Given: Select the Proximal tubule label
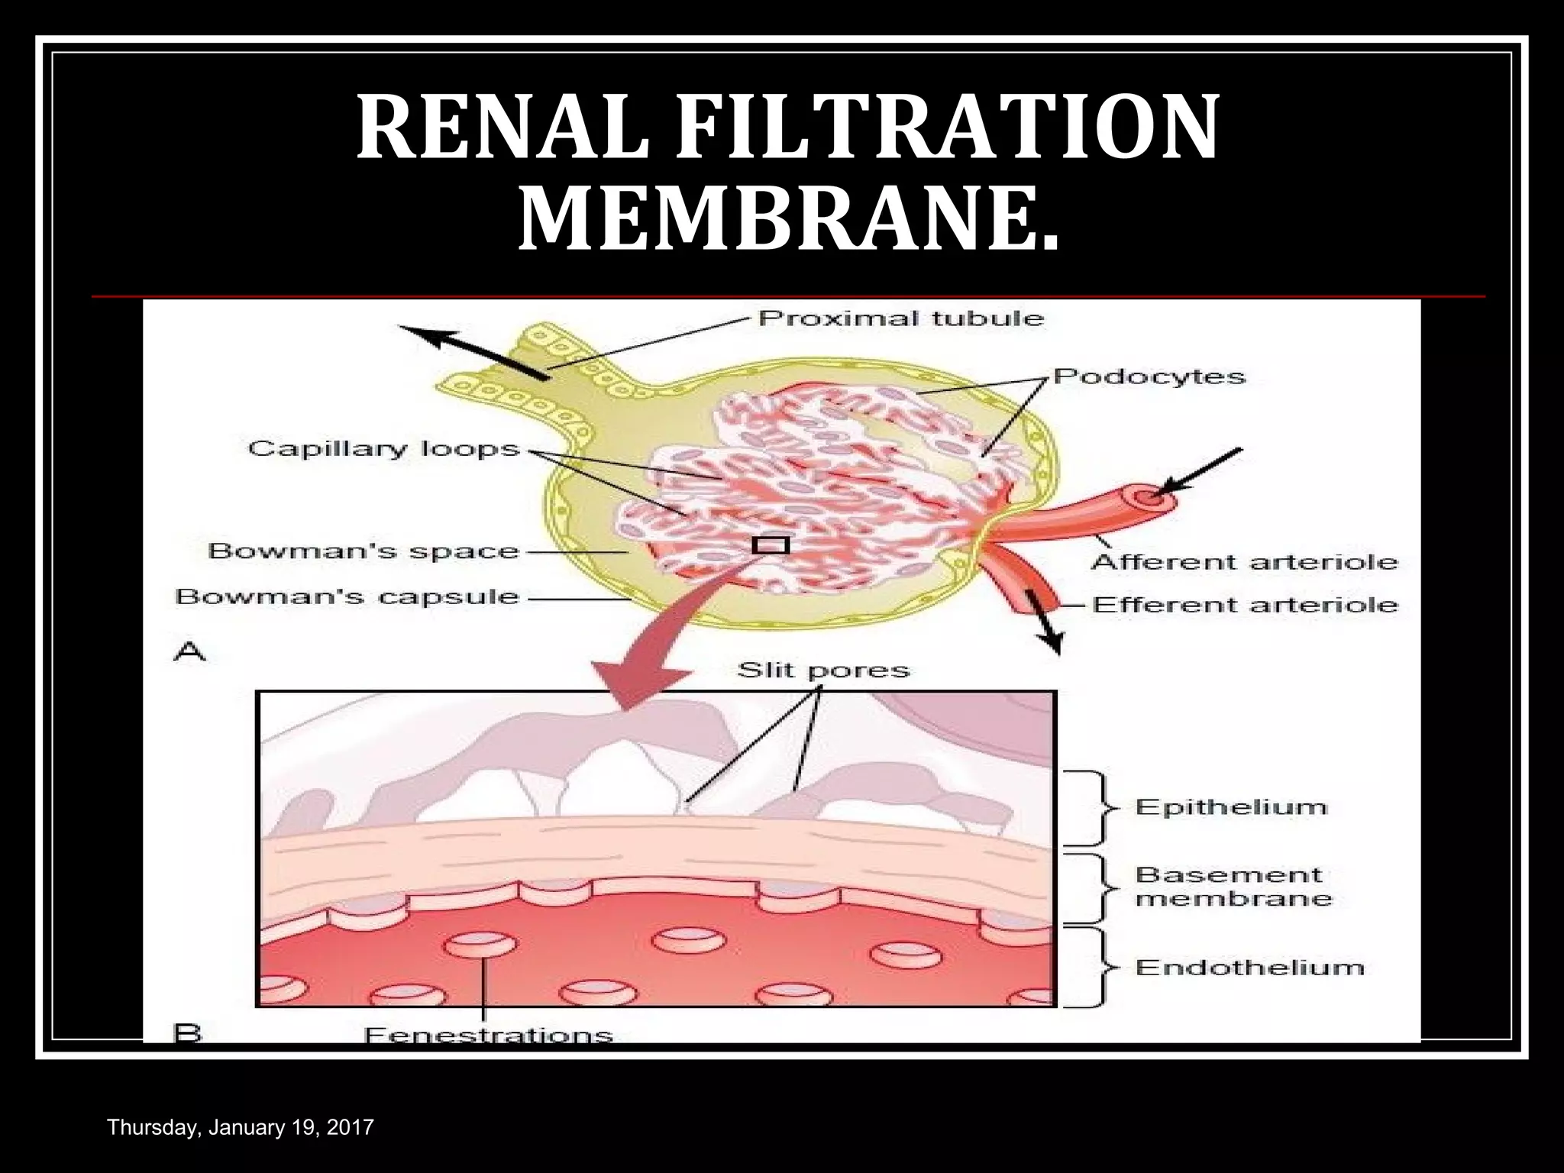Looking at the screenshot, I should [x=901, y=318].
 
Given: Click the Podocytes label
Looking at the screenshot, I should [x=1149, y=376].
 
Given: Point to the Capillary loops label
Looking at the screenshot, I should [x=383, y=448].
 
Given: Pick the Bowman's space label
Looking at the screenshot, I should [x=364, y=551].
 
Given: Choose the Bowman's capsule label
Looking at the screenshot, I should [x=347, y=596].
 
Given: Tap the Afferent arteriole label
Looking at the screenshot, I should [x=1245, y=563].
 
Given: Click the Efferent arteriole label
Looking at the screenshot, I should [x=1245, y=606].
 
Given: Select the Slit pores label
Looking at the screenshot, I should [x=823, y=671].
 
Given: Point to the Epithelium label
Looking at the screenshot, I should [x=1231, y=808].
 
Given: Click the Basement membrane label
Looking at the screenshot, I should [x=1233, y=887].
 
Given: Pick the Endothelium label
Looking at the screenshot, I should [x=1249, y=968].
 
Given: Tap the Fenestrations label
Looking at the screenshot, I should [x=489, y=1036].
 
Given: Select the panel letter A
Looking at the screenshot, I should [x=190, y=652].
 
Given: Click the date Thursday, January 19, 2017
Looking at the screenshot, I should [x=241, y=1127].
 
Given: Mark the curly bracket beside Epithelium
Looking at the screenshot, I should [x=1097, y=808].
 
